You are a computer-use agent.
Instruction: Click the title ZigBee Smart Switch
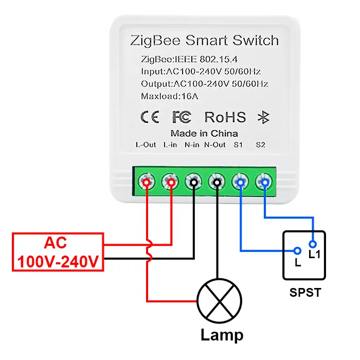(x=205, y=40)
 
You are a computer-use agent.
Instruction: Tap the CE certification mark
(x=149, y=117)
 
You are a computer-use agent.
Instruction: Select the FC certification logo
(x=182, y=117)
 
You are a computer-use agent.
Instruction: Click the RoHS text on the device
(x=225, y=117)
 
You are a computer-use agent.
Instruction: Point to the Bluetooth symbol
(x=263, y=117)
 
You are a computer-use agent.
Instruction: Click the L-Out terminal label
(x=146, y=145)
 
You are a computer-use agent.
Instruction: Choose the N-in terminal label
(x=192, y=145)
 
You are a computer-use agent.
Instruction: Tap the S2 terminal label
(x=260, y=145)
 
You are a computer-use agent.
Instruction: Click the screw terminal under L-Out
(x=147, y=182)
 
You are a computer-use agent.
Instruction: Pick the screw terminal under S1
(x=241, y=182)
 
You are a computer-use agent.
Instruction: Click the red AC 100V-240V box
(x=58, y=252)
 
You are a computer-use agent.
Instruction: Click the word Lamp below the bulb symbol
(x=222, y=335)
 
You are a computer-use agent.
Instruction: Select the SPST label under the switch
(x=305, y=293)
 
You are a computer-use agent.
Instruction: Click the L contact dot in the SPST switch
(x=297, y=251)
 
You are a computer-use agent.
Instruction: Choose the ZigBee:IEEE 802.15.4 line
(x=189, y=59)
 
